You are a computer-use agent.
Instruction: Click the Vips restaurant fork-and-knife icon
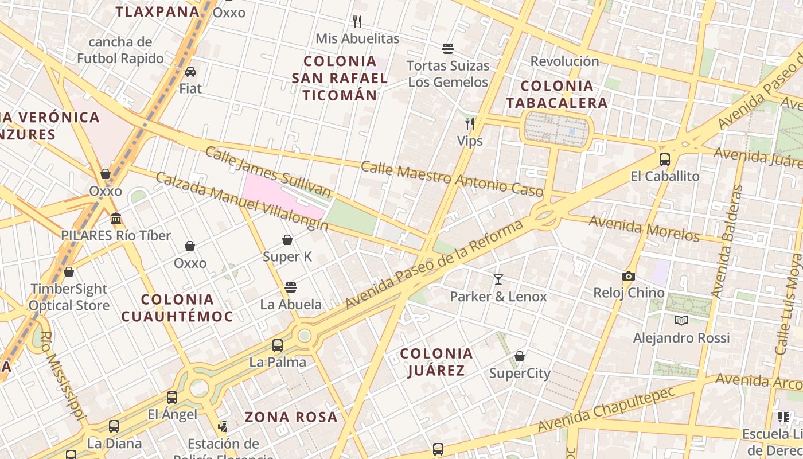click(470, 123)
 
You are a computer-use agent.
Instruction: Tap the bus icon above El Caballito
click(665, 159)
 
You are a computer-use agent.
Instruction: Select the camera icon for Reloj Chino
click(629, 276)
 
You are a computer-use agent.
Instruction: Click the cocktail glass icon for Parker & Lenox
click(498, 279)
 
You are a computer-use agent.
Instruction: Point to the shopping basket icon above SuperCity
click(520, 356)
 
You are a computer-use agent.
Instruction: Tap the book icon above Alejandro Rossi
click(681, 320)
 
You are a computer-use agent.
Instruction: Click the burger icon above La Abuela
click(291, 287)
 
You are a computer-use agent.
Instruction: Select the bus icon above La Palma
click(278, 345)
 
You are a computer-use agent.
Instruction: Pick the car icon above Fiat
click(190, 71)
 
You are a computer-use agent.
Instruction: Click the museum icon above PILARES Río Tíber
click(116, 218)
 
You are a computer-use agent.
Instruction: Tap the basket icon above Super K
click(287, 239)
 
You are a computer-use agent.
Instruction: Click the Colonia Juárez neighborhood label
click(436, 361)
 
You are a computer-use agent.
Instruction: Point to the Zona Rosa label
click(291, 417)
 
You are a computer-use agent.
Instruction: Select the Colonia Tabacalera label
click(565, 94)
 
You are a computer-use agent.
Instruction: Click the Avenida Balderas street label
click(726, 241)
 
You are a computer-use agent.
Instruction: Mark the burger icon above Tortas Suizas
click(448, 48)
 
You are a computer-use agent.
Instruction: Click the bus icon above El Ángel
click(172, 397)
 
